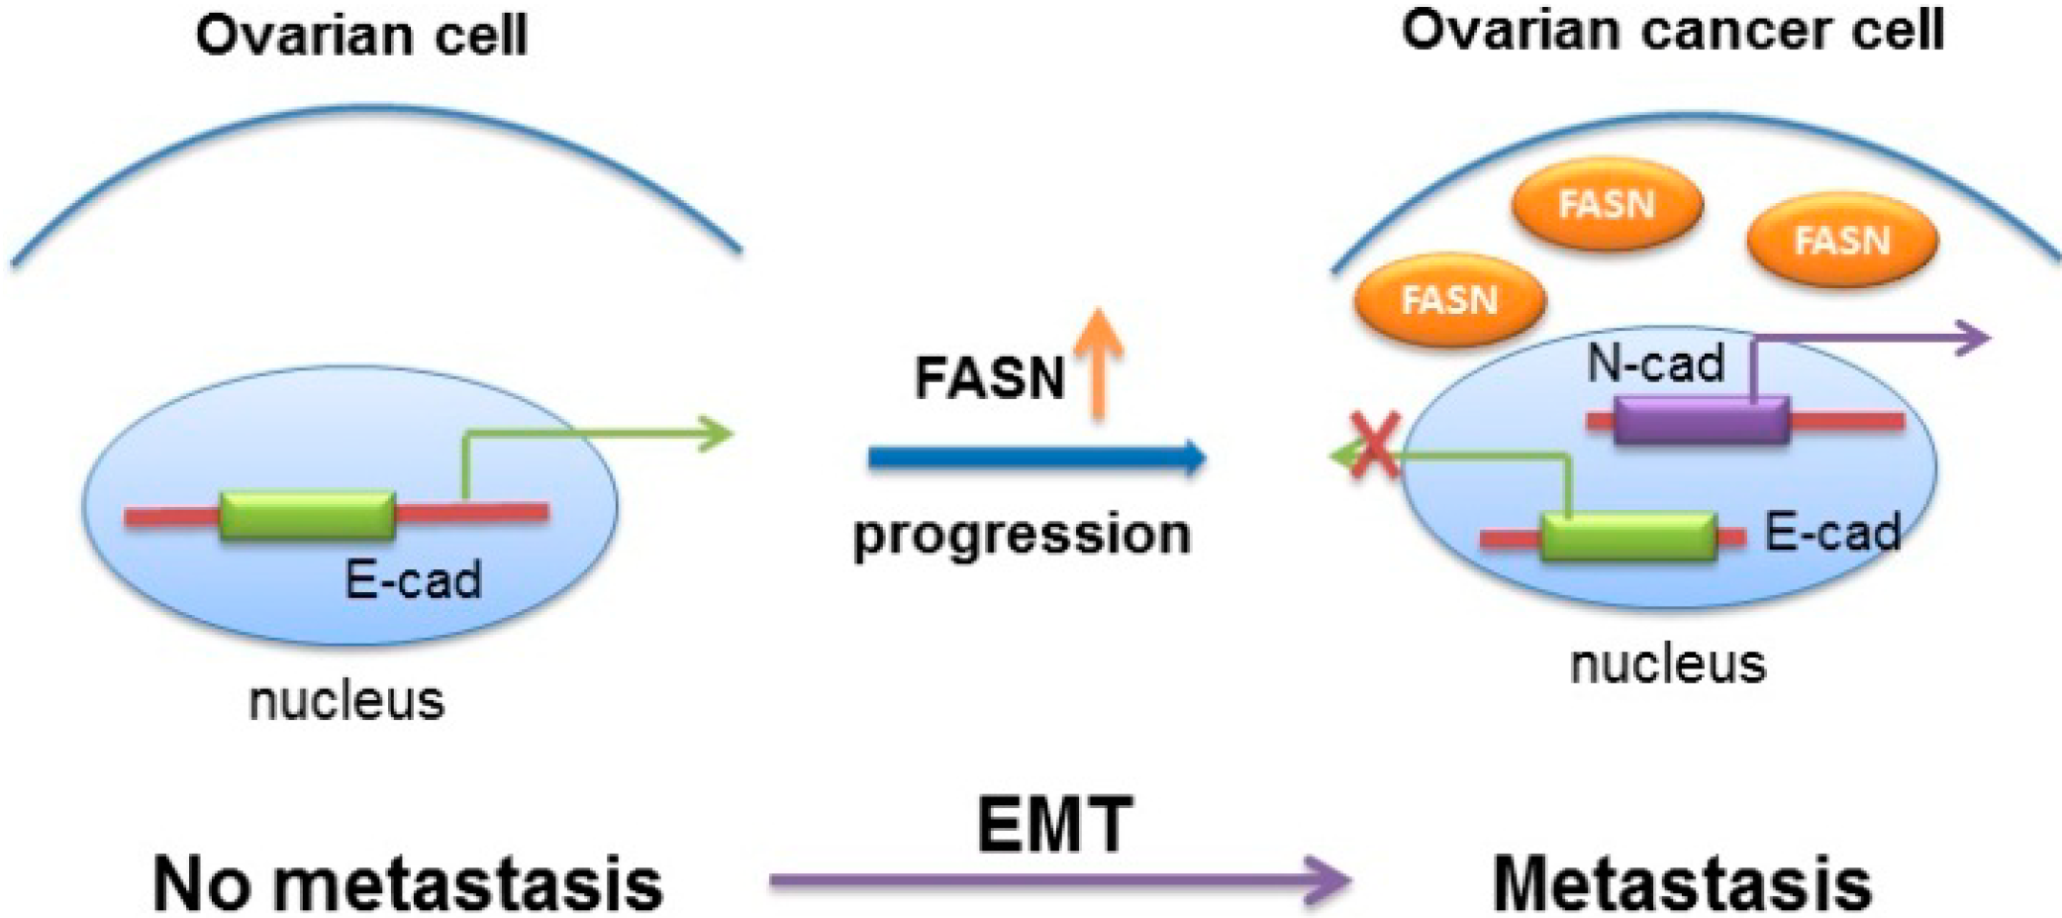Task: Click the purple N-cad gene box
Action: click(x=1701, y=421)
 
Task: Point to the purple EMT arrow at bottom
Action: click(x=1058, y=880)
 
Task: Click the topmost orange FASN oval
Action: click(x=1607, y=205)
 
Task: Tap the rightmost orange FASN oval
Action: click(x=1842, y=241)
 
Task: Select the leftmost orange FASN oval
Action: click(x=1449, y=299)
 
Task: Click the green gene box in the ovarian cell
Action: click(x=308, y=515)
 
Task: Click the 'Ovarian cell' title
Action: click(x=361, y=36)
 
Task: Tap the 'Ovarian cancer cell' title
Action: click(x=1672, y=30)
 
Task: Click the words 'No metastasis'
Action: click(x=408, y=883)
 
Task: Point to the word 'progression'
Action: click(x=1022, y=536)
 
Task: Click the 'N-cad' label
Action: click(x=1655, y=363)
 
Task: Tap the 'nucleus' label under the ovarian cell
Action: click(x=346, y=700)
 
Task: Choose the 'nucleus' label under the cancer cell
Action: click(x=1668, y=663)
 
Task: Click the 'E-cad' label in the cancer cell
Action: click(x=1832, y=533)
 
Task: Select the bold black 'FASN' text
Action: click(x=989, y=378)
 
